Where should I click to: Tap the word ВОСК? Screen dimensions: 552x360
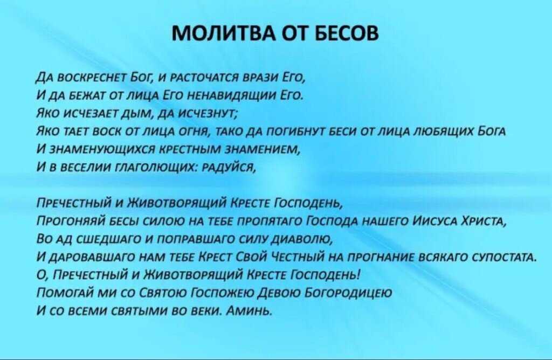click(105, 132)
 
